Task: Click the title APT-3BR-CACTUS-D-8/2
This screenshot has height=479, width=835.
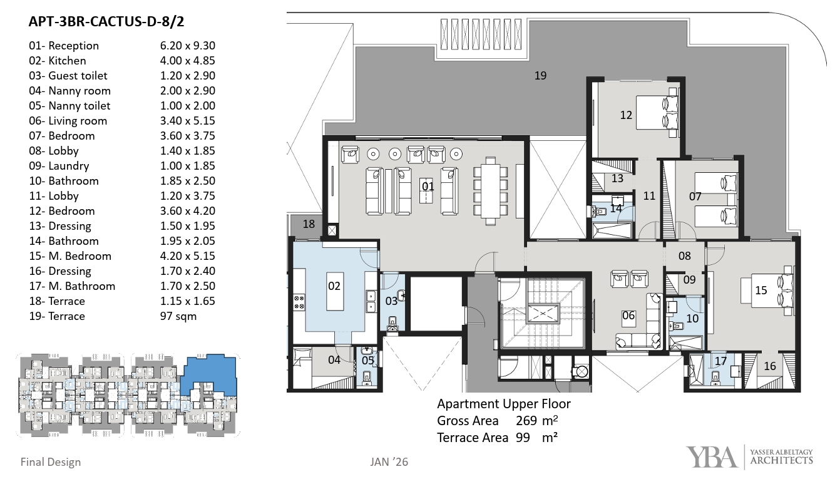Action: click(106, 22)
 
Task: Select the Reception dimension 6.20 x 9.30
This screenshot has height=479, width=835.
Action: click(188, 46)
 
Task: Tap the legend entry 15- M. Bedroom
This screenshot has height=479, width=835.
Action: click(70, 255)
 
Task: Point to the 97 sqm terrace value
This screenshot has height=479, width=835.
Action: click(178, 316)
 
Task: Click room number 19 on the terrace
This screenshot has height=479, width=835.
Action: click(540, 76)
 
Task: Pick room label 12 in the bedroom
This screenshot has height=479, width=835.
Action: click(626, 115)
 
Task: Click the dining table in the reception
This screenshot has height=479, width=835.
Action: click(491, 191)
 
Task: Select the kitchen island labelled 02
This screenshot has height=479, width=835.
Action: click(335, 291)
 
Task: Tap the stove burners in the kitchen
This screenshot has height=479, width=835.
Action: click(299, 302)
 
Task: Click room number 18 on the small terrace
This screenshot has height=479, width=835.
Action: click(309, 224)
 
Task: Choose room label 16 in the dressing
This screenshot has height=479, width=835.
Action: click(770, 366)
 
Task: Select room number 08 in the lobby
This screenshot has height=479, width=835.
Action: click(684, 256)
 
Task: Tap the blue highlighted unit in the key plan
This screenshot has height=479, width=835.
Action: click(210, 374)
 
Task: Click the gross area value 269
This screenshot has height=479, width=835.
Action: click(526, 421)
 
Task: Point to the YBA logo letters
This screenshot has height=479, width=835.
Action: click(712, 457)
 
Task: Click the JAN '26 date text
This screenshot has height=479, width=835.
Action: click(389, 462)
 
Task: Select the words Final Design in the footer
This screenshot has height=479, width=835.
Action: click(51, 462)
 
